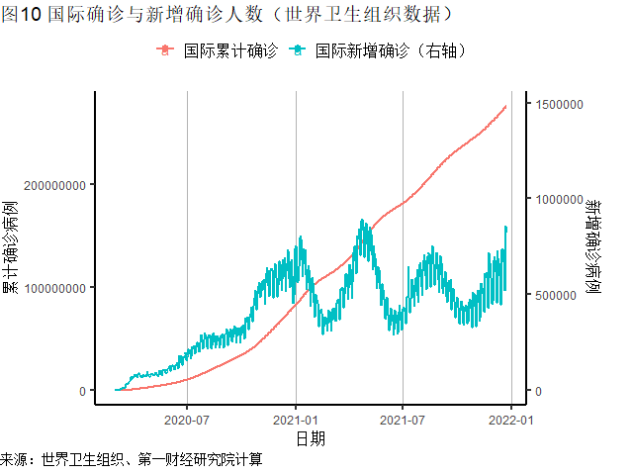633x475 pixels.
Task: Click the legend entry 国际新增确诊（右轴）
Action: pyautogui.click(x=391, y=49)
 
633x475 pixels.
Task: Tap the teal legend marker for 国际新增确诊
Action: pyautogui.click(x=297, y=49)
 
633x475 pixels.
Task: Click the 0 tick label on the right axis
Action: pyautogui.click(x=541, y=391)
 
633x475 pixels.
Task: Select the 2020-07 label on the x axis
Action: pyautogui.click(x=188, y=420)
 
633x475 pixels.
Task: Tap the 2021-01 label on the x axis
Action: pyautogui.click(x=296, y=420)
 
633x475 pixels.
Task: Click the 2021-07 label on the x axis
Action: pyautogui.click(x=403, y=420)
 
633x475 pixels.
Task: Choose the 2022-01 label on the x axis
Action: pyautogui.click(x=510, y=420)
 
